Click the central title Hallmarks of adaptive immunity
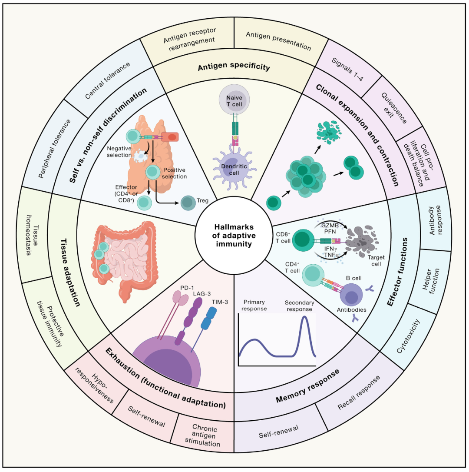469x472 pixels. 234,236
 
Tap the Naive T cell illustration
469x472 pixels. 234,100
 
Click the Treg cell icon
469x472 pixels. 188,203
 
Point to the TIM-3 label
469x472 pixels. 220,302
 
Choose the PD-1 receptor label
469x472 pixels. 187,288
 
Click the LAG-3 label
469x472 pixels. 202,293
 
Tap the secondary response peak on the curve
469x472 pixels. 305,317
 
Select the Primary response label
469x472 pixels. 254,305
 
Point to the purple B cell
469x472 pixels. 351,295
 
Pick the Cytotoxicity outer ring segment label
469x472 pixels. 408,336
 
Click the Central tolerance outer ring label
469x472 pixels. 107,80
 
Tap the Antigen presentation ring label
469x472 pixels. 278,41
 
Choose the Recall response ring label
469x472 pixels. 359,392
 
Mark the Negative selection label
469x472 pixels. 119,152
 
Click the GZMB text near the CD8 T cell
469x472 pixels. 330,225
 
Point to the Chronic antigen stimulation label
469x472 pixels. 203,435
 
